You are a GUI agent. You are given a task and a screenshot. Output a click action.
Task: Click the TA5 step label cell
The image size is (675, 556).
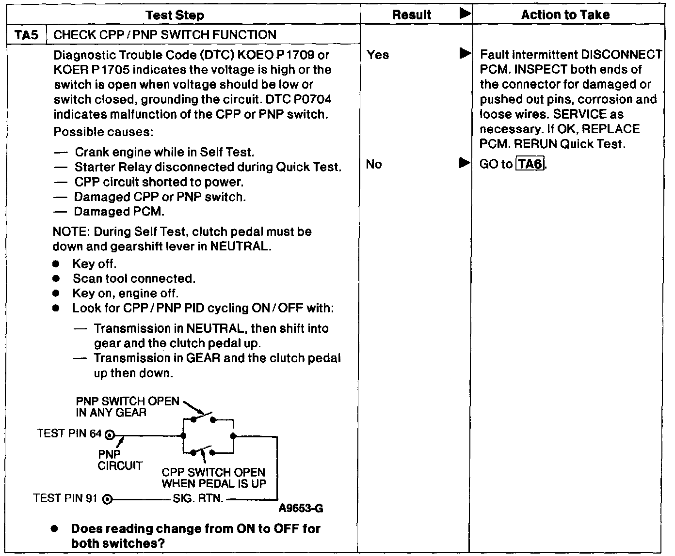coord(27,35)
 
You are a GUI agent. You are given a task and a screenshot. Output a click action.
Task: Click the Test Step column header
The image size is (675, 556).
coord(175,15)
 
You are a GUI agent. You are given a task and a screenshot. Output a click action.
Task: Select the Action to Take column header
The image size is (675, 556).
coord(565,15)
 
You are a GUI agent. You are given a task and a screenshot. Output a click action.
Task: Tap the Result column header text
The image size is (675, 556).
coord(412,15)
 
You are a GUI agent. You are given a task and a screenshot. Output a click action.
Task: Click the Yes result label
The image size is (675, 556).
coord(378,55)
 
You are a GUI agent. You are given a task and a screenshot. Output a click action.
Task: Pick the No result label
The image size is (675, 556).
coord(374,164)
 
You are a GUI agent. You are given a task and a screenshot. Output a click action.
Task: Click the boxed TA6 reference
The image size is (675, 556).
coord(530,164)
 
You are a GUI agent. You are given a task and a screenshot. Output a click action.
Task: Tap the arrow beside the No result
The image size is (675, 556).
coord(465,163)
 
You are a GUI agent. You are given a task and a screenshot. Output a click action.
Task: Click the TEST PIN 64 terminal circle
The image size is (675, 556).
coord(110,435)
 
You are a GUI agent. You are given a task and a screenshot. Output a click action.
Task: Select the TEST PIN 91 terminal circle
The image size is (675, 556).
coord(109,499)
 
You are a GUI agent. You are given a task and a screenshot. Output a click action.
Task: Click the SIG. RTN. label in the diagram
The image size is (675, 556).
coord(198,499)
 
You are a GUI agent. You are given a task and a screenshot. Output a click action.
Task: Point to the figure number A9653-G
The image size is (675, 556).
coord(301,509)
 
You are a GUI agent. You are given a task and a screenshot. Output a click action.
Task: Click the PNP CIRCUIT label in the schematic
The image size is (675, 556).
coord(120,460)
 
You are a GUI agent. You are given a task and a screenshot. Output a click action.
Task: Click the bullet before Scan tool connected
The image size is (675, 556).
coord(57,279)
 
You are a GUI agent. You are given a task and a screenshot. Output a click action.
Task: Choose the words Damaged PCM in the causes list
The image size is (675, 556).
coord(119,212)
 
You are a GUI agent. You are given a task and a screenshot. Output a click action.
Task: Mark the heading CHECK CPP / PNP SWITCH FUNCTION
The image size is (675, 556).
coord(165,35)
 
